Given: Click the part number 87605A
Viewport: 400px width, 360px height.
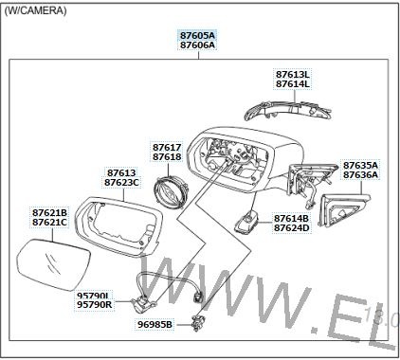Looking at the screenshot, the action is pyautogui.click(x=197, y=35).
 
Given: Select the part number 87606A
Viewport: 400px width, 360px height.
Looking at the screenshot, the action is pyautogui.click(x=197, y=45).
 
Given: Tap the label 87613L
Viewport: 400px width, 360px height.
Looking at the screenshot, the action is pyautogui.click(x=293, y=75).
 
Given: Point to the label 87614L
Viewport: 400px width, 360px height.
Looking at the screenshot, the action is pyautogui.click(x=293, y=84).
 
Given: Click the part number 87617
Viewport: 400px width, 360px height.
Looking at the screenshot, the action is pyautogui.click(x=167, y=148).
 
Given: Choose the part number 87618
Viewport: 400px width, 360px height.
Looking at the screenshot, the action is pyautogui.click(x=167, y=157).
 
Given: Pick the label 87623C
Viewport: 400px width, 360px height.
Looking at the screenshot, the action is pyautogui.click(x=121, y=183).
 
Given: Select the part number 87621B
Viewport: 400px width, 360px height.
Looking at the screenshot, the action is pyautogui.click(x=50, y=212).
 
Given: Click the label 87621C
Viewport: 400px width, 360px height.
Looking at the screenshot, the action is pyautogui.click(x=50, y=223).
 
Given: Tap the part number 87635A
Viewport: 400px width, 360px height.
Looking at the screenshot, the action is pyautogui.click(x=360, y=166).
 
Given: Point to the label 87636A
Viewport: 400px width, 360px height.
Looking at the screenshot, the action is pyautogui.click(x=360, y=175).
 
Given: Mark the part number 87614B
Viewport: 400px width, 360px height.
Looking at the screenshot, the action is pyautogui.click(x=291, y=219).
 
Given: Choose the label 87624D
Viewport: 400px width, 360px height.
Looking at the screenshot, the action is pyautogui.click(x=291, y=228).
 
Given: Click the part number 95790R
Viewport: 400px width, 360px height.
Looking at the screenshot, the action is pyautogui.click(x=95, y=305).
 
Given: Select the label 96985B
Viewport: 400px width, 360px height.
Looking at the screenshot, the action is pyautogui.click(x=155, y=324).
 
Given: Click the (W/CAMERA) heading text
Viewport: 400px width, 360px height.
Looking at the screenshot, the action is pyautogui.click(x=35, y=10).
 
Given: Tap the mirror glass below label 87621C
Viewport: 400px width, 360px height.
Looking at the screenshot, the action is pyautogui.click(x=53, y=264).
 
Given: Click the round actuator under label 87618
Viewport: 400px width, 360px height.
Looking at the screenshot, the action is pyautogui.click(x=170, y=191).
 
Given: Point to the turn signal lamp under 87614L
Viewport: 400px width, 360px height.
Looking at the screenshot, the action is pyautogui.click(x=288, y=111).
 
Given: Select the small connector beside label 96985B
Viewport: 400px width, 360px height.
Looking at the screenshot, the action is pyautogui.click(x=198, y=323).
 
